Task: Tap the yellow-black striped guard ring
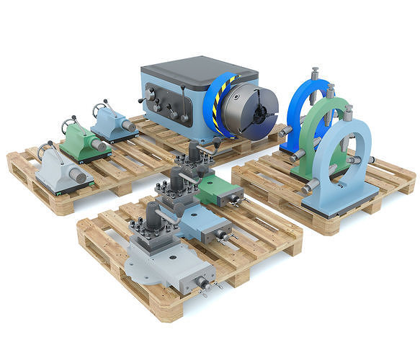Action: point(215,108)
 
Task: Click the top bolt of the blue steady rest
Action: point(315,74)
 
